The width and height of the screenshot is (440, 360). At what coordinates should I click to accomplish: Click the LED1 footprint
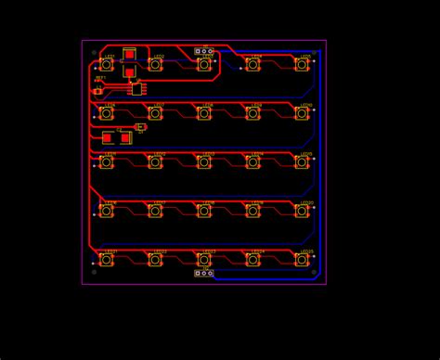(x=107, y=65)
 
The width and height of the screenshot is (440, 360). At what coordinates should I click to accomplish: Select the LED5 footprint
(x=302, y=65)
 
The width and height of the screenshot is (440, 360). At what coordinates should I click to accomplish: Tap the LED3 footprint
(x=204, y=65)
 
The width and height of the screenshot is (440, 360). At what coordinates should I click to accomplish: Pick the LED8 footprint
(x=204, y=113)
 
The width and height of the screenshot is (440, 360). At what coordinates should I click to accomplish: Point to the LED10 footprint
(x=302, y=113)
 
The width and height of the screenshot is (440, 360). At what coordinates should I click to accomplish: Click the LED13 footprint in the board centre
(x=204, y=162)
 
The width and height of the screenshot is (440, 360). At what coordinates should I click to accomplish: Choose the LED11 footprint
(x=107, y=162)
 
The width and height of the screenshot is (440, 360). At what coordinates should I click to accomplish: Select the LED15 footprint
(x=302, y=162)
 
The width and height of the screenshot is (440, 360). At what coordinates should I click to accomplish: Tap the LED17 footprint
(x=155, y=211)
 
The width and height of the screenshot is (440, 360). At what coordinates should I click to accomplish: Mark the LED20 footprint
(x=302, y=211)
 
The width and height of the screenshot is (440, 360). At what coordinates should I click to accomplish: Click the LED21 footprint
(x=107, y=260)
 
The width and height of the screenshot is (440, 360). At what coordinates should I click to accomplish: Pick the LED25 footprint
(x=302, y=260)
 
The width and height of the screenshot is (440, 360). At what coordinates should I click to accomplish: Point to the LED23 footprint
(x=204, y=260)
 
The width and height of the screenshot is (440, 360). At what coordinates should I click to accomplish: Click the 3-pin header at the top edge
(x=204, y=51)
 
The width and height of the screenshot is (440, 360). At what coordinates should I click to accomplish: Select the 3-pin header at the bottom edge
(x=204, y=273)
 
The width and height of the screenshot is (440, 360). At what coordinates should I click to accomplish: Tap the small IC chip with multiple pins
(x=136, y=89)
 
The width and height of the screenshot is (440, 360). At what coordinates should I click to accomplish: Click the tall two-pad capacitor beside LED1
(x=130, y=62)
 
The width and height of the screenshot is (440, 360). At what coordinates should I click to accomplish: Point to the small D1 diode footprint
(x=140, y=127)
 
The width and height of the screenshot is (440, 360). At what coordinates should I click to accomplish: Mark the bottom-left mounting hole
(x=94, y=272)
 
